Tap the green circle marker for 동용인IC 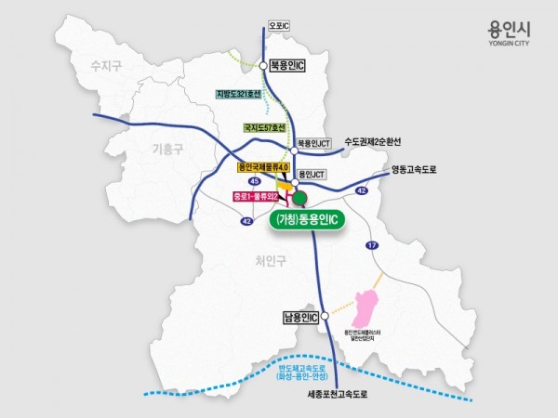[299, 198]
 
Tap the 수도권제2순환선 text [376, 141]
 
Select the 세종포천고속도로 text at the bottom [338, 395]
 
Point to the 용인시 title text [511, 29]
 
